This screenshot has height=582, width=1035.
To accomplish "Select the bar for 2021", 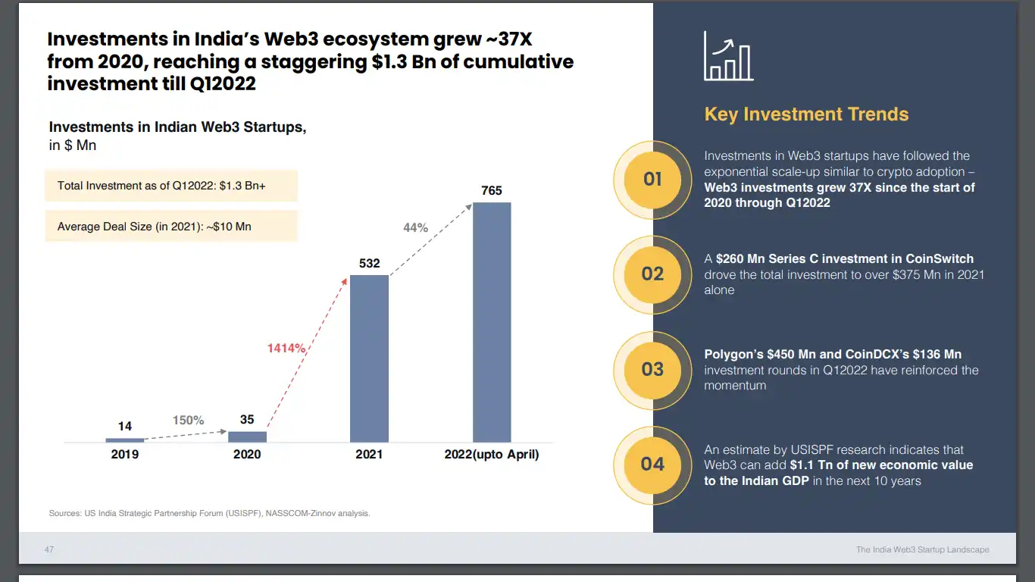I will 369,358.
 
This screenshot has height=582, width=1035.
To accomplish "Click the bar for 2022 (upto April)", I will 492,322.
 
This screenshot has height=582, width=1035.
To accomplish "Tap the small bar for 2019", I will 124,440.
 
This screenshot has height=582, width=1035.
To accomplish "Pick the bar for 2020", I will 247,436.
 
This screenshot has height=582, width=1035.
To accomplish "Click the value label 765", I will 492,191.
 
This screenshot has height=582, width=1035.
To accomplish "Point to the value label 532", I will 369,264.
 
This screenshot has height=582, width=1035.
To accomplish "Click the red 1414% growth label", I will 286,349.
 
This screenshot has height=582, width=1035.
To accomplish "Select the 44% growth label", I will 415,227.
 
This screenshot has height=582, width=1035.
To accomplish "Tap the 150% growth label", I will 188,421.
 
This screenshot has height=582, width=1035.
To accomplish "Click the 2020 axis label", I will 247,455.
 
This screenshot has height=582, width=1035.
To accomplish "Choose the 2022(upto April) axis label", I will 492,455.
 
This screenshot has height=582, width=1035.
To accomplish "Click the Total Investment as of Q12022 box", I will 171,186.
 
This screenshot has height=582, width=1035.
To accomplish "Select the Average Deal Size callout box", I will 171,226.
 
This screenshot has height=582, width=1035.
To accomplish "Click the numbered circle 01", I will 652,180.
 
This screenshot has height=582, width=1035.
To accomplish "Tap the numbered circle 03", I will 652,370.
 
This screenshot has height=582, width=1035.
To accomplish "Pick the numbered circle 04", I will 652,465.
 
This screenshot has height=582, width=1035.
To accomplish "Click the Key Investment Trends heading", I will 806,114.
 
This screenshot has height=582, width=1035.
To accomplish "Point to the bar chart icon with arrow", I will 728,56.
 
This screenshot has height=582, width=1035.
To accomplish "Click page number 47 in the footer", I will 49,549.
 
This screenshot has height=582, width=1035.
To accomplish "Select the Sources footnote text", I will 209,514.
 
